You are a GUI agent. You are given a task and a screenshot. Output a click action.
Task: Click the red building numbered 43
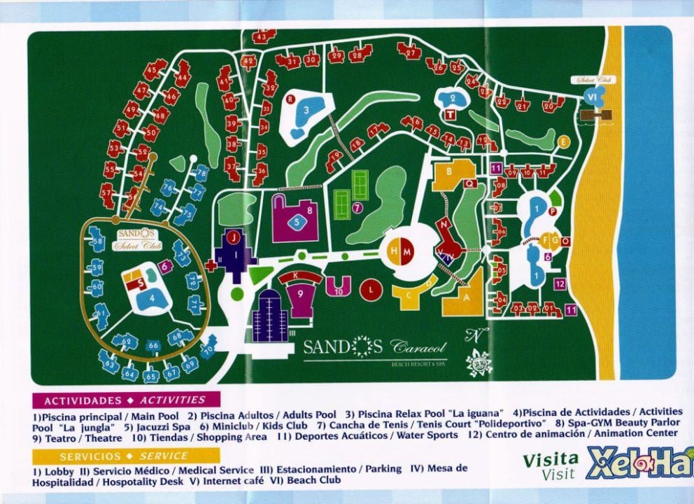pyautogui.click(x=264, y=36)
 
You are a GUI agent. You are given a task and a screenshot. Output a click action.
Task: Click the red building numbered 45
pyautogui.click(x=154, y=70)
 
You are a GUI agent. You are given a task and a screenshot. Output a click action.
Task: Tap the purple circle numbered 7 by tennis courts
pyautogui.click(x=357, y=208)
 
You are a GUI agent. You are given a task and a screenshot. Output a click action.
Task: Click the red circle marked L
pyautogui.click(x=371, y=288)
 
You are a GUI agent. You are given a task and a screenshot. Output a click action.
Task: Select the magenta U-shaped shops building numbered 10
pyautogui.click(x=338, y=285)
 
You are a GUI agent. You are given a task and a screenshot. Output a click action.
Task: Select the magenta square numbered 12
pyautogui.click(x=560, y=283)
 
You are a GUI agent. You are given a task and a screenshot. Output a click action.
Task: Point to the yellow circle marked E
pyautogui.click(x=564, y=142)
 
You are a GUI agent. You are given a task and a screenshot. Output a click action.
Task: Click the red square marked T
pyautogui.click(x=451, y=114)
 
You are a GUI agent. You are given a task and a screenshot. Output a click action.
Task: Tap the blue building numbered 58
pyautogui.click(x=98, y=243)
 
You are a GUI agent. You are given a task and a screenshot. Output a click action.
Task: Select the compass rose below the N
pyautogui.click(x=479, y=363)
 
